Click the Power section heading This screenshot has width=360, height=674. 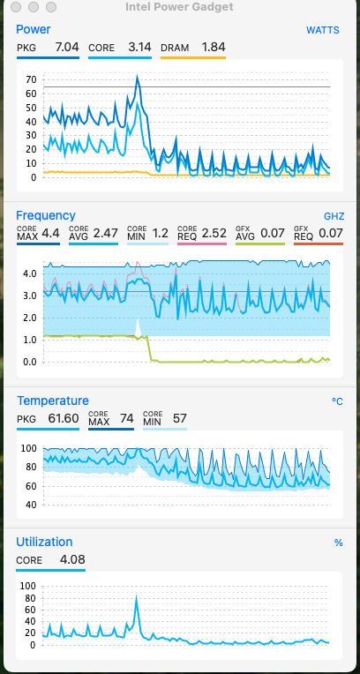[34, 29]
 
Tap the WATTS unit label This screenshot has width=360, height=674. [323, 30]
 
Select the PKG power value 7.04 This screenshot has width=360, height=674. [67, 47]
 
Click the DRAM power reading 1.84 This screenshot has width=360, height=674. [214, 47]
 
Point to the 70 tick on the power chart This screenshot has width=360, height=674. [32, 80]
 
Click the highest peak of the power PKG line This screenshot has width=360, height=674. [137, 76]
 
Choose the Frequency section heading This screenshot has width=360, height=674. [46, 215]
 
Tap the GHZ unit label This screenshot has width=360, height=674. [334, 216]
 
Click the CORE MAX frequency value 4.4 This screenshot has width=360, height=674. [51, 234]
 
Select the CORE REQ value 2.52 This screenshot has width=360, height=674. [214, 234]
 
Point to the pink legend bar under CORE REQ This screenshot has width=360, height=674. [202, 243]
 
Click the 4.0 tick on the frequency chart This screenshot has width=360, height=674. [30, 273]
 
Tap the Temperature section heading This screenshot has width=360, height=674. [53, 401]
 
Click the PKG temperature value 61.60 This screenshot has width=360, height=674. [64, 418]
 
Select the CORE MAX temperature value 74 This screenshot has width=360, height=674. [126, 418]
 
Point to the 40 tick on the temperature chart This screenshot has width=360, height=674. [32, 505]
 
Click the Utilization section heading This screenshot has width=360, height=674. [44, 542]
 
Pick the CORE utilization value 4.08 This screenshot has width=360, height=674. [72, 559]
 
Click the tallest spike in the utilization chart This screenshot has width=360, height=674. [137, 596]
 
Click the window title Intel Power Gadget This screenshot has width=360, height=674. [179, 7]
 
